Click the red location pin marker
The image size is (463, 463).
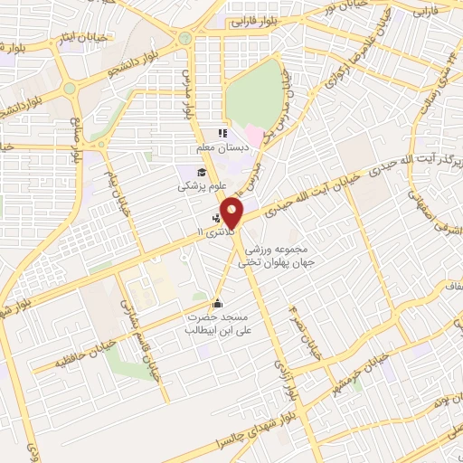pyautogui.click(x=233, y=213)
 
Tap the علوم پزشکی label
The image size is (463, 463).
pyautogui.click(x=197, y=186)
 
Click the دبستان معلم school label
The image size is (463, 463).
pyautogui.click(x=216, y=147)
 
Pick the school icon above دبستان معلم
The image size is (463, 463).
pyautogui.click(x=222, y=134)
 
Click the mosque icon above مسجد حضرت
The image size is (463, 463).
pyautogui.click(x=216, y=304)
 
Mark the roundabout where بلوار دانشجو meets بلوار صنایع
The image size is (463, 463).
pyautogui.click(x=70, y=90)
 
